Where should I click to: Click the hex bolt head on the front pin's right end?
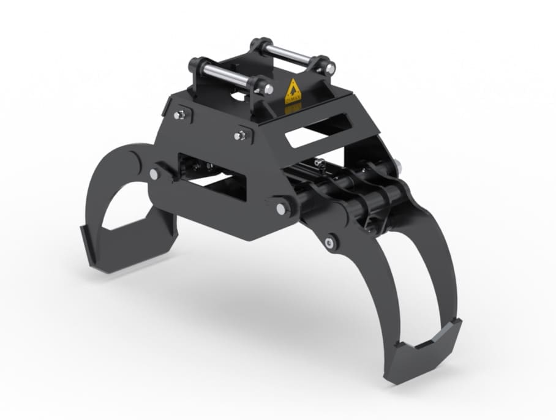pyautogui.click(x=268, y=89)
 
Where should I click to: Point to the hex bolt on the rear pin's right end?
pyautogui.click(x=330, y=69)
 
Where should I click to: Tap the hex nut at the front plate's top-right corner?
pyautogui.click(x=241, y=135)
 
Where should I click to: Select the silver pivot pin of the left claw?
pyautogui.click(x=153, y=174)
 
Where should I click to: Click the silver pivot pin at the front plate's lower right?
pyautogui.click(x=280, y=208)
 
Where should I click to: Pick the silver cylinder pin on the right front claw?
pyautogui.click(x=331, y=243)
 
